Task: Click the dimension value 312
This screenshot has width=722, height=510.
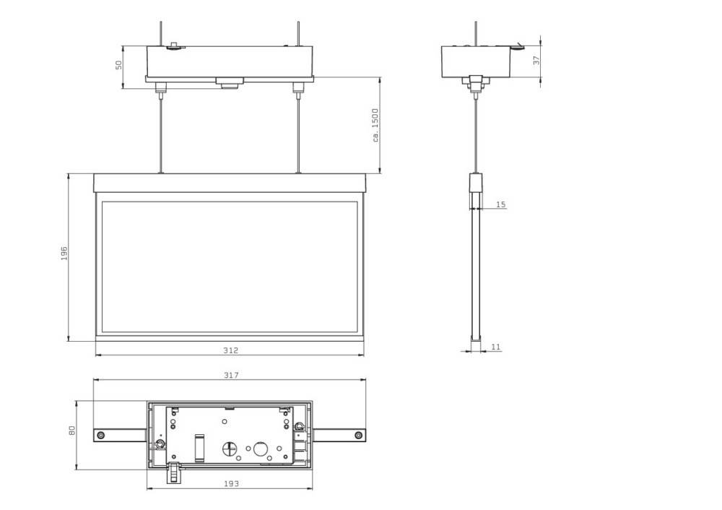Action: pyautogui.click(x=230, y=350)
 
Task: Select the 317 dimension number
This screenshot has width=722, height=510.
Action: pyautogui.click(x=230, y=375)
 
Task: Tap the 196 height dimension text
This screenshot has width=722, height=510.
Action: pyautogui.click(x=64, y=254)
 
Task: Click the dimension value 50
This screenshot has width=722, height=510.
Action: pyautogui.click(x=118, y=65)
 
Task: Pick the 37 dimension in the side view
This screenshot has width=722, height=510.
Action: pyautogui.click(x=536, y=61)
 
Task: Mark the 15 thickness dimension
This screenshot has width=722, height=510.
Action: pyautogui.click(x=500, y=205)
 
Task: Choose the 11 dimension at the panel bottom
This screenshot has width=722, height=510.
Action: pyautogui.click(x=495, y=347)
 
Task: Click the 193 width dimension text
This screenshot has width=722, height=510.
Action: pyautogui.click(x=230, y=483)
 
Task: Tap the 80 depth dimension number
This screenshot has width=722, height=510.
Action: pyautogui.click(x=71, y=430)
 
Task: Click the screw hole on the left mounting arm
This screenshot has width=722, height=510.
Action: pyautogui.click(x=100, y=435)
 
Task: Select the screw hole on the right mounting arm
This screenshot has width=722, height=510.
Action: pyautogui.click(x=357, y=435)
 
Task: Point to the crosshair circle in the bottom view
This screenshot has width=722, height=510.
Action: pyautogui.click(x=231, y=448)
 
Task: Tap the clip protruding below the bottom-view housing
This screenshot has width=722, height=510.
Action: pyautogui.click(x=173, y=472)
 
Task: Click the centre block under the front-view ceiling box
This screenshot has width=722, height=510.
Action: pyautogui.click(x=230, y=82)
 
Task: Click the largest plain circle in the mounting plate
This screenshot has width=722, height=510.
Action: pyautogui.click(x=258, y=449)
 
